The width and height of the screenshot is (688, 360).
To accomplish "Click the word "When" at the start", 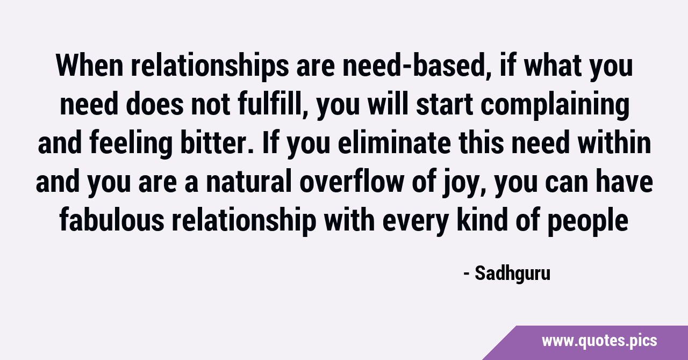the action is tap(89, 66).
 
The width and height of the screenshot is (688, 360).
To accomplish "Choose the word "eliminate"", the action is tap(394, 142).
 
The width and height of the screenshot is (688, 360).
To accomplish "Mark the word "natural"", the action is tap(248, 181).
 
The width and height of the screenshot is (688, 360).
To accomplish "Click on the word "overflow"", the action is tap(352, 181).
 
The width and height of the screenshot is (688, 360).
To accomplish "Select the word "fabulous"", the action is tap(112, 220).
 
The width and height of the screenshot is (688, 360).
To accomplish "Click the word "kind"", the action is tap(482, 220).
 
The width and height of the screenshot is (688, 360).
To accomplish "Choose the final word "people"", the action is tap(588, 222).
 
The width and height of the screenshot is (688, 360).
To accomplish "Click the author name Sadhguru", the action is tap(512, 273).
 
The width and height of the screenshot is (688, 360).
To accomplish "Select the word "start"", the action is tap(445, 105).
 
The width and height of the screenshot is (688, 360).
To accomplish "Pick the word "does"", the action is tap(154, 104).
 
